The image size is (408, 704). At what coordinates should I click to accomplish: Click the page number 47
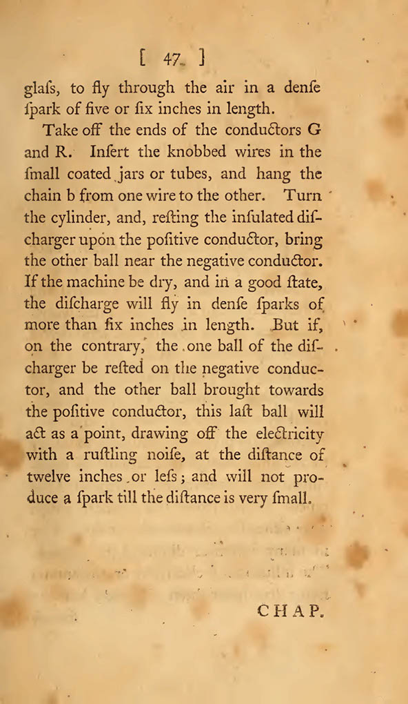pos(172,59)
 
